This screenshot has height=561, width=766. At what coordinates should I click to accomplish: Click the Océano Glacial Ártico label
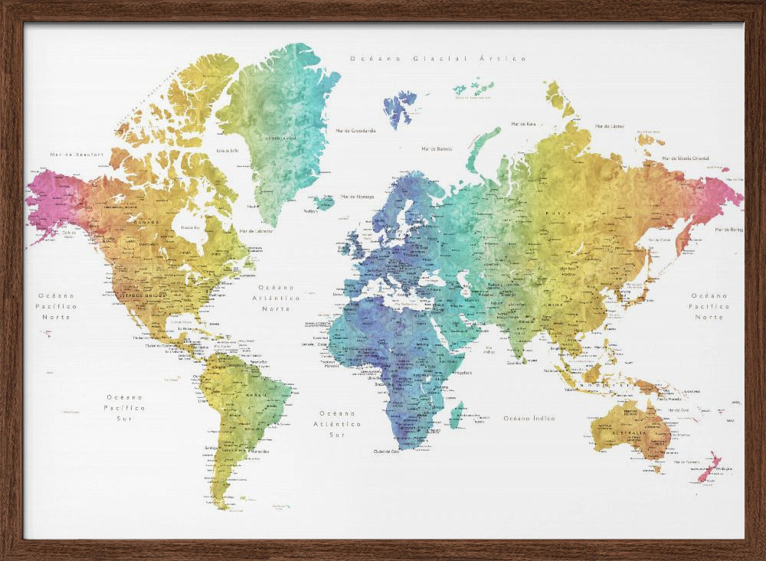click(437, 58)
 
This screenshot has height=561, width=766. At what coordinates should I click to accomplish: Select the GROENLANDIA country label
click(280, 138)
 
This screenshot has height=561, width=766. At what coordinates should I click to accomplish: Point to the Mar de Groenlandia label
click(355, 130)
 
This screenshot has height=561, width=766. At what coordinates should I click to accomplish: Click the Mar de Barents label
click(437, 148)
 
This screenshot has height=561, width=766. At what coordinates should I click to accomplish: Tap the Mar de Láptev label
click(610, 126)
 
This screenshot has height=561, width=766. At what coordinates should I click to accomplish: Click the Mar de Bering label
click(728, 229)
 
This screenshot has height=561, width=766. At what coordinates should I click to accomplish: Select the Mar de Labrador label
click(256, 230)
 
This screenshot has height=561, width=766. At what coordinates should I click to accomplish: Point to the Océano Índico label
click(529, 418)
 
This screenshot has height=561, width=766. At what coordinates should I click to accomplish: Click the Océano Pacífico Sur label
click(125, 408)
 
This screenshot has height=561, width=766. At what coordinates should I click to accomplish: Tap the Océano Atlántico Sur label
click(337, 423)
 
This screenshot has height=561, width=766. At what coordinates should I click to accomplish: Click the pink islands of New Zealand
click(709, 466)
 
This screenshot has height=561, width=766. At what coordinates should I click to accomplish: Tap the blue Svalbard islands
click(399, 107)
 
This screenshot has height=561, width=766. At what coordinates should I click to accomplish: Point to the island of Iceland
click(324, 203)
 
